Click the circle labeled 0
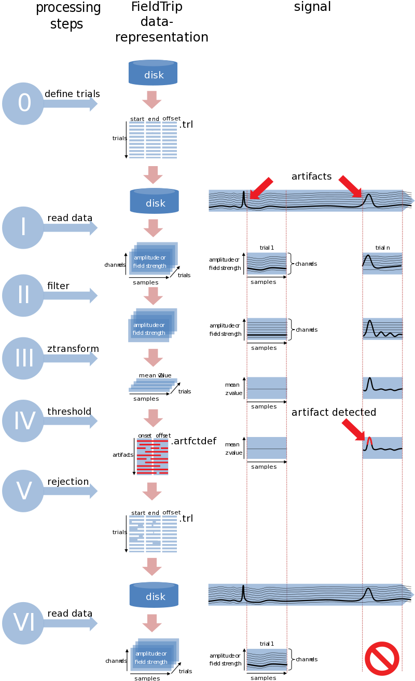23,103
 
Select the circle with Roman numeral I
23,227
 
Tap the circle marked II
23,295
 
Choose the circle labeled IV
23,421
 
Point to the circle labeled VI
23,623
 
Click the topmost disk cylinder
153,73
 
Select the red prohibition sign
382,659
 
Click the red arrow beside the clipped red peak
353,430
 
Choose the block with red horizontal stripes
153,457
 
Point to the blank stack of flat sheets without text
153,385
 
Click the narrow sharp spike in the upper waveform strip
244,199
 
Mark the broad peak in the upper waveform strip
368,199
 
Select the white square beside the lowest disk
184,590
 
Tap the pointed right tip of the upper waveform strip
412,200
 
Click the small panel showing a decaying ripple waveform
382,329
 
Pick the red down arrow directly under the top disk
152,100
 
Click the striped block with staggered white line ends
157,534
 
